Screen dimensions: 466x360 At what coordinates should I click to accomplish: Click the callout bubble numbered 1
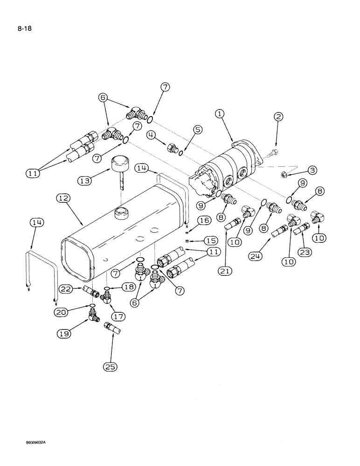coord(220,114)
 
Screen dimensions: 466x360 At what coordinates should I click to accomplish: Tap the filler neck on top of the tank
coord(120,213)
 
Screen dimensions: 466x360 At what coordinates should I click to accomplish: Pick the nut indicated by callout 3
coord(283,175)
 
